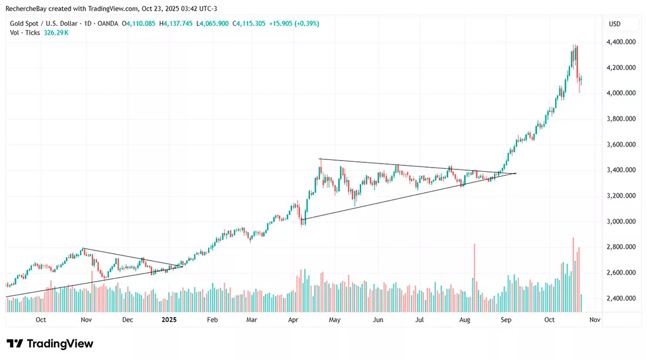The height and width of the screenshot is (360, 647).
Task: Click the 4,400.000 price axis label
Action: point(621,42)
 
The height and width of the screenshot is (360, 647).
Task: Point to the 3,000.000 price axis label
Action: point(621,221)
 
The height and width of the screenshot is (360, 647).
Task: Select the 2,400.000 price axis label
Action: point(621,298)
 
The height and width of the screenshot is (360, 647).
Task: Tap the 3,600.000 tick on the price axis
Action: point(621,145)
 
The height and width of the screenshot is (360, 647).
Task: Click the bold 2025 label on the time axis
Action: point(169,319)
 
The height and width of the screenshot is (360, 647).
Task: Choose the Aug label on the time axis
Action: point(465,320)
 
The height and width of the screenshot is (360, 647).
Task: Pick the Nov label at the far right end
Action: point(595,319)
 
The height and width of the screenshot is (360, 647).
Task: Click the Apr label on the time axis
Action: point(293,320)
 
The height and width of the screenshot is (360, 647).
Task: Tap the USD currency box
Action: point(615,24)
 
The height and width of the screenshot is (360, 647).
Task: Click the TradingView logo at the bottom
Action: point(50,344)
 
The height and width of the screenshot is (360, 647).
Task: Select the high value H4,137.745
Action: point(176,24)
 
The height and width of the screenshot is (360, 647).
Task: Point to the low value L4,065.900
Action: point(212,24)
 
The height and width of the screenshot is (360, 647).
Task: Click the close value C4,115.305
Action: point(249,24)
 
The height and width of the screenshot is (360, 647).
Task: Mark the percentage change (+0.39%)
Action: point(306,24)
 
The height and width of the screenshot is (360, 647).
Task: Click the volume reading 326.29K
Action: point(56,32)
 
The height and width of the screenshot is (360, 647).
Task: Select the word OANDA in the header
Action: point(108,24)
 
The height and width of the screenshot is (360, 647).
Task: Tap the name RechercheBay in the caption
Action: point(25,9)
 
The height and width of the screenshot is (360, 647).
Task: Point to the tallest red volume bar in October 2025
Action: point(573,275)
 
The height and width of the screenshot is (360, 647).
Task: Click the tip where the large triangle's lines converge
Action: point(516,173)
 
